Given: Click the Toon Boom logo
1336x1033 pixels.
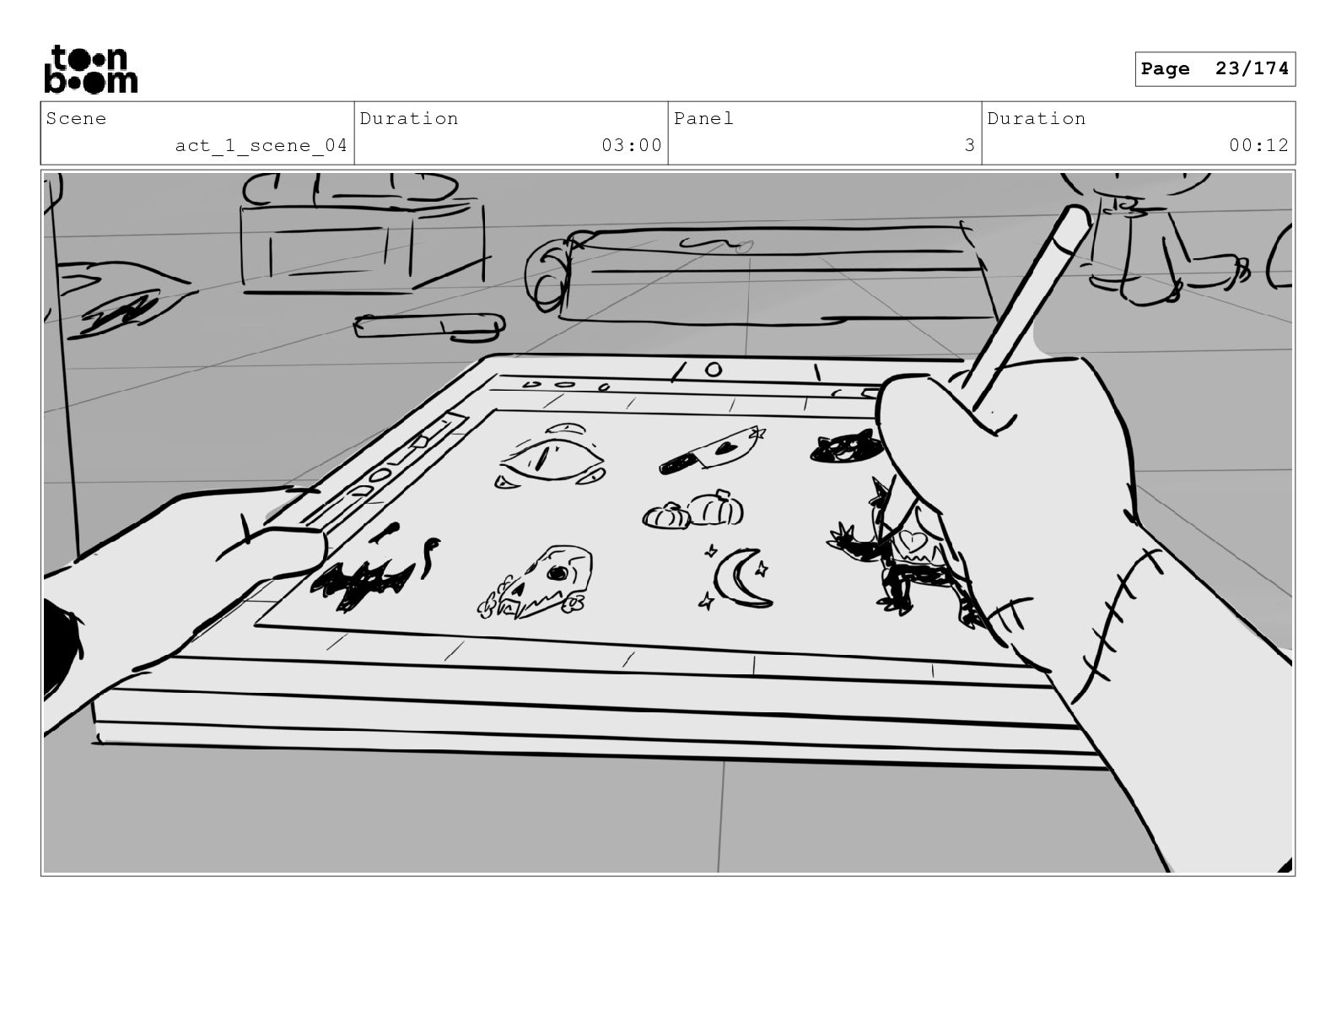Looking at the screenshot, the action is pos(90,69).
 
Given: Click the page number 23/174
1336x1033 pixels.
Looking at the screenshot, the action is pos(1215,69).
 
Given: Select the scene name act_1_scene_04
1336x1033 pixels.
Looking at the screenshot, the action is pos(261,146).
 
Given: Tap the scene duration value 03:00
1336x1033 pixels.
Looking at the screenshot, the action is pos(631,146).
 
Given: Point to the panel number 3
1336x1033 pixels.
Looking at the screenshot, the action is pos(969,146).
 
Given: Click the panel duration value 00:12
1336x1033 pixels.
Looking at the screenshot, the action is pos(1258,146).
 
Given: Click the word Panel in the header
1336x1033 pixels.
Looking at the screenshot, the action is pos(703,119).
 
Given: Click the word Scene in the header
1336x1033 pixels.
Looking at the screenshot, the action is pos(76,119).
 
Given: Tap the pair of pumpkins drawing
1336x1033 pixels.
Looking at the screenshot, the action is pos(693,510).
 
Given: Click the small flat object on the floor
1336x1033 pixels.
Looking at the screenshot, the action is pos(429,326).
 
